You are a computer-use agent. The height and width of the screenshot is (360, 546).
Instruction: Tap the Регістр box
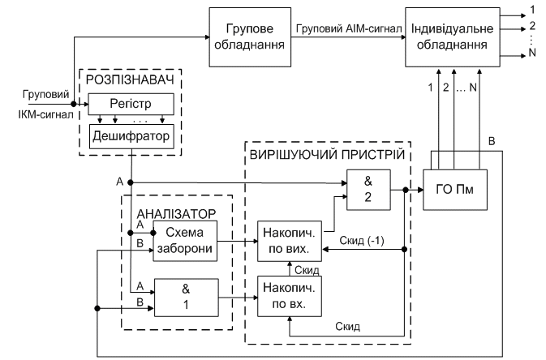pyautogui.click(x=132, y=103)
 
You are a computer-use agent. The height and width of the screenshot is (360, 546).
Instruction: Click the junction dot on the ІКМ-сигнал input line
pyautogui.click(x=74, y=105)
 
